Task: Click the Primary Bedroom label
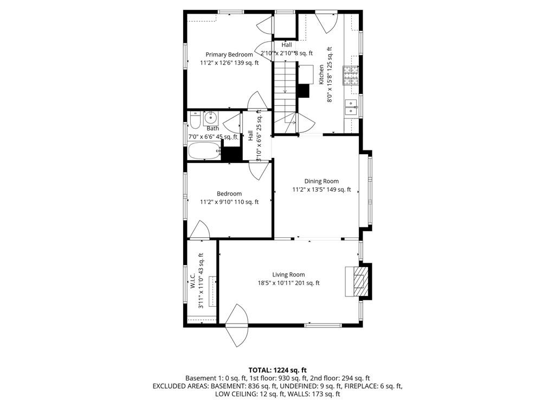(229, 55)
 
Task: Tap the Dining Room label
(321, 181)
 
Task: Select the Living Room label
(288, 274)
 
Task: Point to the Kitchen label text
(321, 74)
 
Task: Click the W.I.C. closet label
(193, 281)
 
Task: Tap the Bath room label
(212, 128)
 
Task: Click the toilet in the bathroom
(195, 120)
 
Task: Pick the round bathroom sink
(211, 117)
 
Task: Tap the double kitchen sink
(351, 107)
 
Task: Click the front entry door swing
(236, 325)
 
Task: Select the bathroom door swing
(233, 123)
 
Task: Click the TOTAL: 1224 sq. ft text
(277, 370)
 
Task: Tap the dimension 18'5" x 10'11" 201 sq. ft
(288, 283)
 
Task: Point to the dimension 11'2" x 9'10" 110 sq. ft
(229, 202)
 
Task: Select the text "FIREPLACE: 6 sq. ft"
(373, 386)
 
